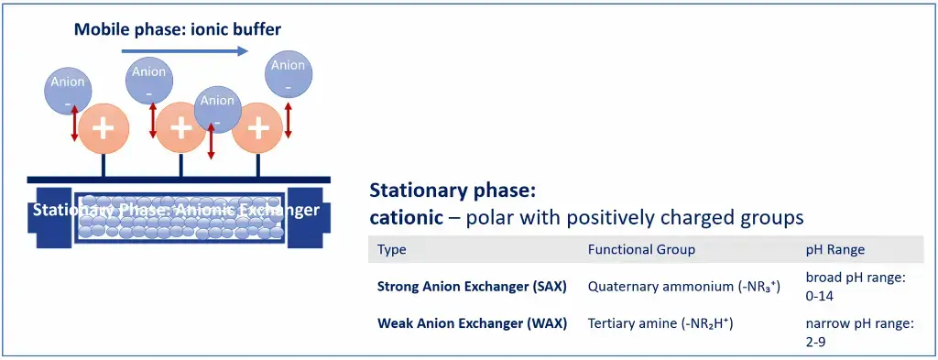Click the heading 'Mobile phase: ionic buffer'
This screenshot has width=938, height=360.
click(178, 29)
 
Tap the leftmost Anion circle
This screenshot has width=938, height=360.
click(68, 91)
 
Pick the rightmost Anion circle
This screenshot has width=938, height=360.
click(288, 74)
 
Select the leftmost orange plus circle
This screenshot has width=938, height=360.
click(104, 127)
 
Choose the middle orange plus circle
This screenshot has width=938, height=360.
click(181, 127)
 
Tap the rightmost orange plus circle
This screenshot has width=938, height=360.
click(258, 127)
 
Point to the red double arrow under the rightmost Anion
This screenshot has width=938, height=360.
click(289, 119)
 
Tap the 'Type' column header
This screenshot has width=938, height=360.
click(391, 249)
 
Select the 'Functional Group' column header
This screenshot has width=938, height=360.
click(641, 249)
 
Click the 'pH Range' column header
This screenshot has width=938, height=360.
click(834, 249)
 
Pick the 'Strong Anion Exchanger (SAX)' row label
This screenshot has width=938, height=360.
click(472, 286)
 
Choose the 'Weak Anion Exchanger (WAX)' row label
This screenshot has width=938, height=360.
click(472, 323)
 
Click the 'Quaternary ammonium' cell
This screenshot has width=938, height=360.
click(683, 286)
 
